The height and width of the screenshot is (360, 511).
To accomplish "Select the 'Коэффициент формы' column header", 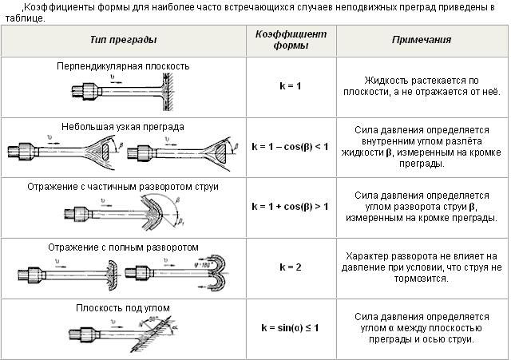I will (291, 39).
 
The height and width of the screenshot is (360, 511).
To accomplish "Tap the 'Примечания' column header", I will (422, 39).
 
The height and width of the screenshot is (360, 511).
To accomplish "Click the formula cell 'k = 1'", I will (291, 85).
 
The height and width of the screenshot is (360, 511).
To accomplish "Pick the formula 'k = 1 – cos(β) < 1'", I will (291, 147).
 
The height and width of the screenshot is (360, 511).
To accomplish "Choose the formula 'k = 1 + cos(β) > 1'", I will (291, 206).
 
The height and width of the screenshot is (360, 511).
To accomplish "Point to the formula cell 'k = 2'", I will (291, 267).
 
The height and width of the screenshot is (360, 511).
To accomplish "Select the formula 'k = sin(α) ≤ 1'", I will (291, 327).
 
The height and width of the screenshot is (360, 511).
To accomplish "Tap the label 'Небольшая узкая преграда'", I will (123, 125).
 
